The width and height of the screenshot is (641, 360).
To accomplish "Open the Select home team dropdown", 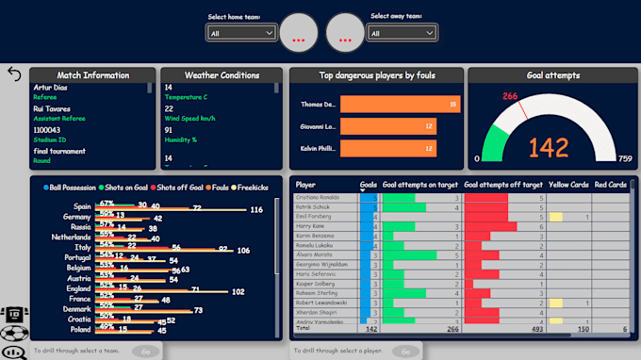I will coord(241,33).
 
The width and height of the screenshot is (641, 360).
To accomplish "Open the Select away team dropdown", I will coord(403,33).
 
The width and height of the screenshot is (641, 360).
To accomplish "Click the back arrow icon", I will coord(14,74).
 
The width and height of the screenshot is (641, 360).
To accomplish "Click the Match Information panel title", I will coord(92,75).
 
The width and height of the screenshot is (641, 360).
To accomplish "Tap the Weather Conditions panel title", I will coord(222,75).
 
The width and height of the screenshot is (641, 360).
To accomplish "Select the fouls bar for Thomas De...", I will coord(400,105).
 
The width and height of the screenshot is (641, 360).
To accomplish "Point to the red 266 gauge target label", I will coord(511,95).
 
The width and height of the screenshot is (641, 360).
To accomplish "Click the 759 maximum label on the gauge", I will coord(624,158).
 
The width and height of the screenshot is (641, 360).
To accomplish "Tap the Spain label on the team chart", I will coord(82,205).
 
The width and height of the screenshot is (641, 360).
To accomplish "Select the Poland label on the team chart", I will coord(79,330).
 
